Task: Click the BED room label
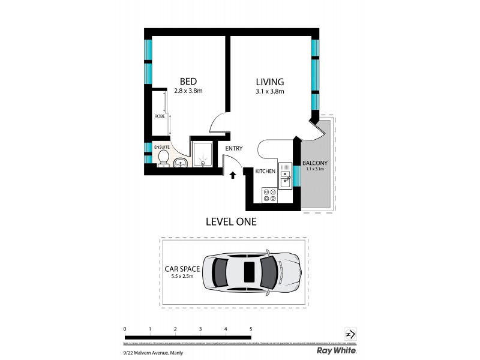tap(188, 81)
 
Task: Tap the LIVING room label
tap(269, 82)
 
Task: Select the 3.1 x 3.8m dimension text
tap(269, 92)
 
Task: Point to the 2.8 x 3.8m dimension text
tap(188, 91)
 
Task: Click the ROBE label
tap(159, 116)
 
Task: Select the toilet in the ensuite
tap(164, 157)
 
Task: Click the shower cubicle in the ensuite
tap(203, 154)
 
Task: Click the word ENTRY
tap(234, 149)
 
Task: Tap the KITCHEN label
tap(265, 172)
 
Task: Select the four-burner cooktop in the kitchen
tap(269, 195)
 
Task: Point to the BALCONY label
tap(314, 163)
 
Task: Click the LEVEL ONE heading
tap(231, 221)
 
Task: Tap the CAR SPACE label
tap(182, 269)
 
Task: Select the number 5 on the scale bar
tap(251, 329)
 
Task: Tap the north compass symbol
tap(350, 334)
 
